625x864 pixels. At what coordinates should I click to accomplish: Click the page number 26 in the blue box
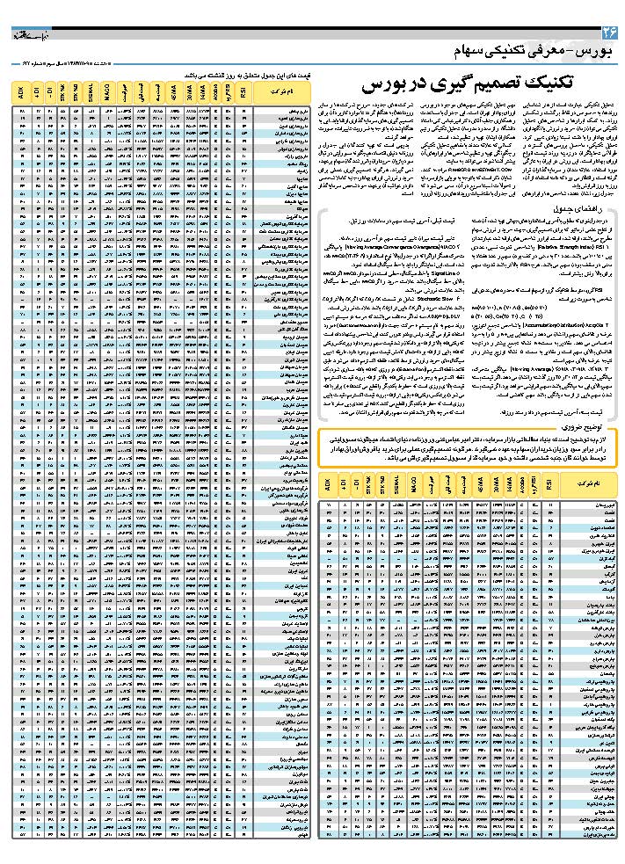[x=608, y=33]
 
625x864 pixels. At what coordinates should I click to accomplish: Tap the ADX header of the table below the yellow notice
[x=328, y=484]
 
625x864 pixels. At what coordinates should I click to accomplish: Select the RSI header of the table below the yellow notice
[x=549, y=484]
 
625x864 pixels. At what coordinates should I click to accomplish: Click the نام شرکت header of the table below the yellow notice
[x=588, y=484]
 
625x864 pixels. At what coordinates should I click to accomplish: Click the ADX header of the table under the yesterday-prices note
[x=21, y=91]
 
